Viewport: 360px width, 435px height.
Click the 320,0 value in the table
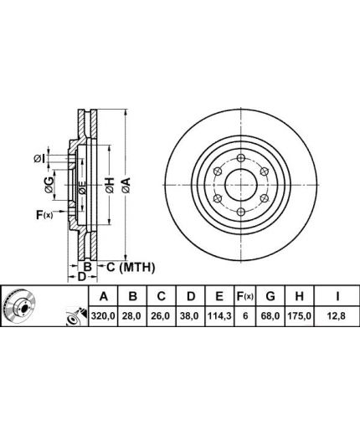point(103,316)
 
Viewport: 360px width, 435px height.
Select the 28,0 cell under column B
point(133,316)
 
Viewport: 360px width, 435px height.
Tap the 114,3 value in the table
point(219,316)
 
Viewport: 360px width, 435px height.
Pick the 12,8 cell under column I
point(337,316)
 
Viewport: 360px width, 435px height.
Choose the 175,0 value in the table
point(299,316)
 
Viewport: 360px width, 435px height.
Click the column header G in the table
point(270,296)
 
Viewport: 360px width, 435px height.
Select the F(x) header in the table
point(245,296)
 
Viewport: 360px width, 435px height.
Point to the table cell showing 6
point(245,316)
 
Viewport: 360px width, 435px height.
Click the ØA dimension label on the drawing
point(126,186)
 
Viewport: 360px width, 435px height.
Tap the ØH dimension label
point(111,186)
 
